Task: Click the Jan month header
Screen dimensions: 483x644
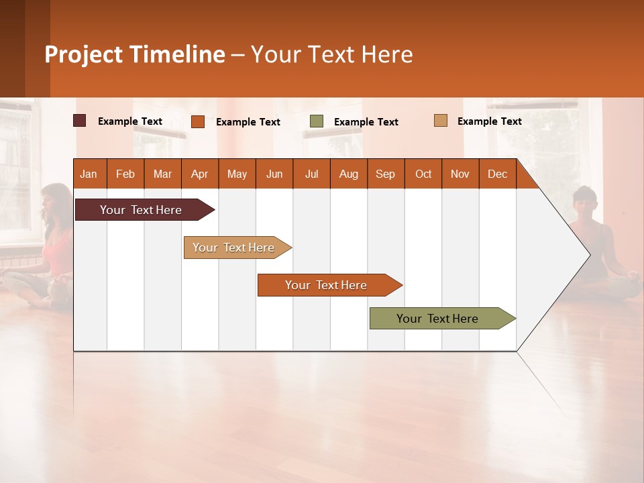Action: click(89, 174)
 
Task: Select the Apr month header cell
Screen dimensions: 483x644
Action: click(200, 174)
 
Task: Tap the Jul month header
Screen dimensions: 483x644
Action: click(311, 174)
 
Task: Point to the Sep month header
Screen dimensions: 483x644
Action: click(385, 174)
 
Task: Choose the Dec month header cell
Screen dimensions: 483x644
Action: click(497, 174)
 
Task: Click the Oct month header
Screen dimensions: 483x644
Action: click(423, 174)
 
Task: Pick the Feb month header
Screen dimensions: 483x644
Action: click(125, 174)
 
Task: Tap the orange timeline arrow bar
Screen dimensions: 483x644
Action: click(327, 285)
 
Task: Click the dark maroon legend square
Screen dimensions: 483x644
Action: click(80, 121)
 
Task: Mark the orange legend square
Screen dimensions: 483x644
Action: click(198, 121)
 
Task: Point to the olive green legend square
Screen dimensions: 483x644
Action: click(317, 121)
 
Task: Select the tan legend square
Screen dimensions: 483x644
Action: click(441, 121)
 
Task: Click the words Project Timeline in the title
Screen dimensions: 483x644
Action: click(134, 54)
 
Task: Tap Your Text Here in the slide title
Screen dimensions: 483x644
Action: click(332, 54)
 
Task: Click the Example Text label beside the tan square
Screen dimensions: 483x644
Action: click(490, 121)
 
